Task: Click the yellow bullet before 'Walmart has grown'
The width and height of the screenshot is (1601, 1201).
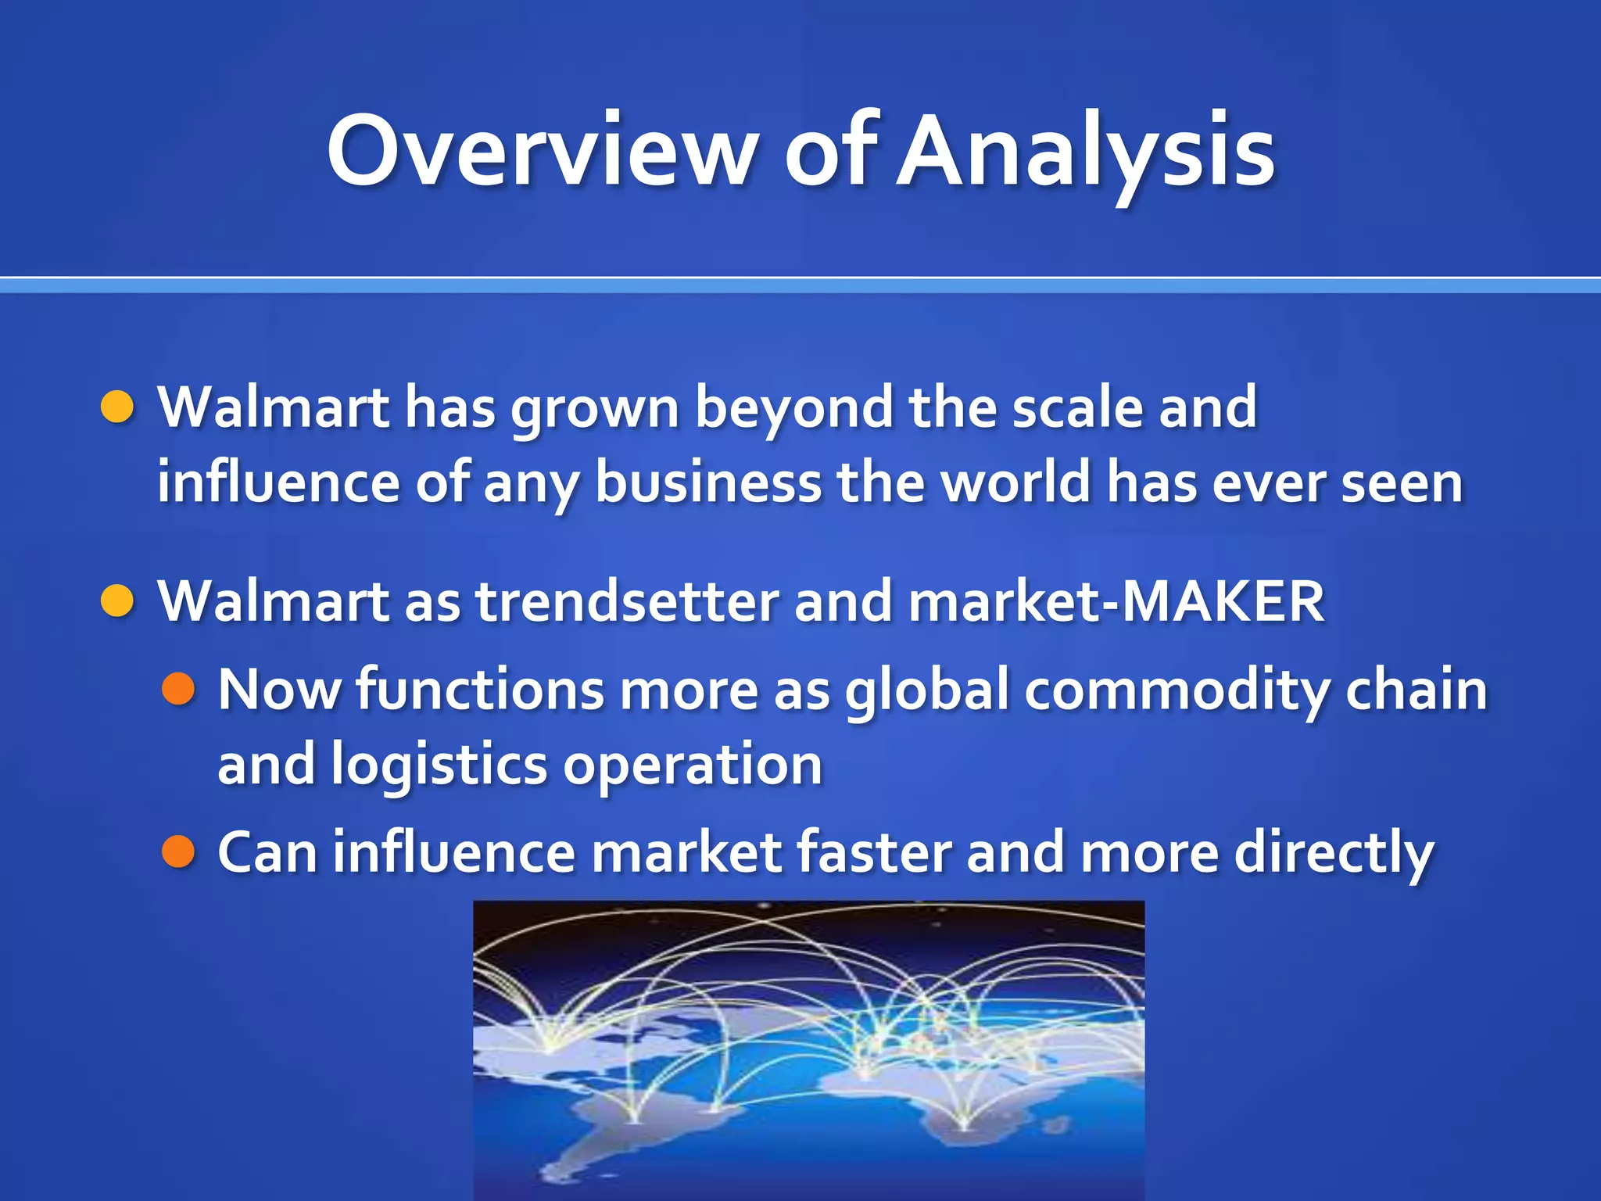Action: point(118,407)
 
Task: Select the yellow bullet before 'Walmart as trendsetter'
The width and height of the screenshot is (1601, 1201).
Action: point(118,600)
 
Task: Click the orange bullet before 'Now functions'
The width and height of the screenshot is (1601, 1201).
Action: point(178,689)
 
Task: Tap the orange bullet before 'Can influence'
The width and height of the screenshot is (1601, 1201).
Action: point(178,851)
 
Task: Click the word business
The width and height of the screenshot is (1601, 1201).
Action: point(707,482)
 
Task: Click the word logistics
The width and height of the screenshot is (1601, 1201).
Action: point(438,765)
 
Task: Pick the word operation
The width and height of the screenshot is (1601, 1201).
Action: point(692,765)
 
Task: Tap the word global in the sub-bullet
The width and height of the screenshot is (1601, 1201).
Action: point(927,690)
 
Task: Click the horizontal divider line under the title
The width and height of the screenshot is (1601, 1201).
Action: point(800,285)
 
